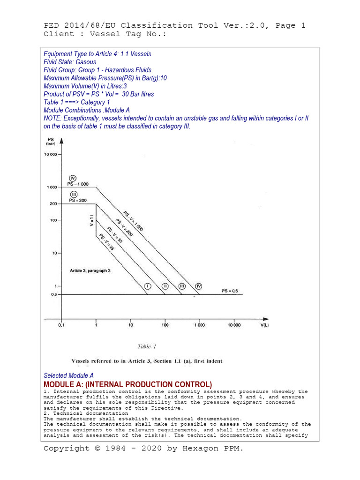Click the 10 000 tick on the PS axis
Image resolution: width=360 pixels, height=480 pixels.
pyautogui.click(x=50, y=154)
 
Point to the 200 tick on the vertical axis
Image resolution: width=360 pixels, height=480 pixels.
pyautogui.click(x=52, y=204)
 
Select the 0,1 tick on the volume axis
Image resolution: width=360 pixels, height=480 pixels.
pyautogui.click(x=61, y=325)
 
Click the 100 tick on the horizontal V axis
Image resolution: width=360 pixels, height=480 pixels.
pyautogui.click(x=165, y=325)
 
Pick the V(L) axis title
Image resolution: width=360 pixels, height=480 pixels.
pyautogui.click(x=265, y=325)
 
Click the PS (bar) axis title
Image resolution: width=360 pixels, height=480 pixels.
pyautogui.click(x=50, y=142)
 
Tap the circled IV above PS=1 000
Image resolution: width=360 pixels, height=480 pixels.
pyautogui.click(x=73, y=178)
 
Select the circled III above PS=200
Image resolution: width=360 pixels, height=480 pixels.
pyautogui.click(x=74, y=195)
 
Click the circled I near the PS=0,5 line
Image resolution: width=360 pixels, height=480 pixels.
pyautogui.click(x=147, y=286)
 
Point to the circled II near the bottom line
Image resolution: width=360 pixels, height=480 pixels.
pyautogui.click(x=165, y=286)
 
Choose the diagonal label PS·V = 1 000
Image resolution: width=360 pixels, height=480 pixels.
pyautogui.click(x=134, y=220)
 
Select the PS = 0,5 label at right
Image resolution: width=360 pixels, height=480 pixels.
pyautogui.click(x=230, y=291)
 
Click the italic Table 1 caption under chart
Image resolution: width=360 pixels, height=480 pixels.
pyautogui.click(x=146, y=347)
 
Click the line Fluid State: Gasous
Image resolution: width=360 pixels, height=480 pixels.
pyautogui.click(x=70, y=62)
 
